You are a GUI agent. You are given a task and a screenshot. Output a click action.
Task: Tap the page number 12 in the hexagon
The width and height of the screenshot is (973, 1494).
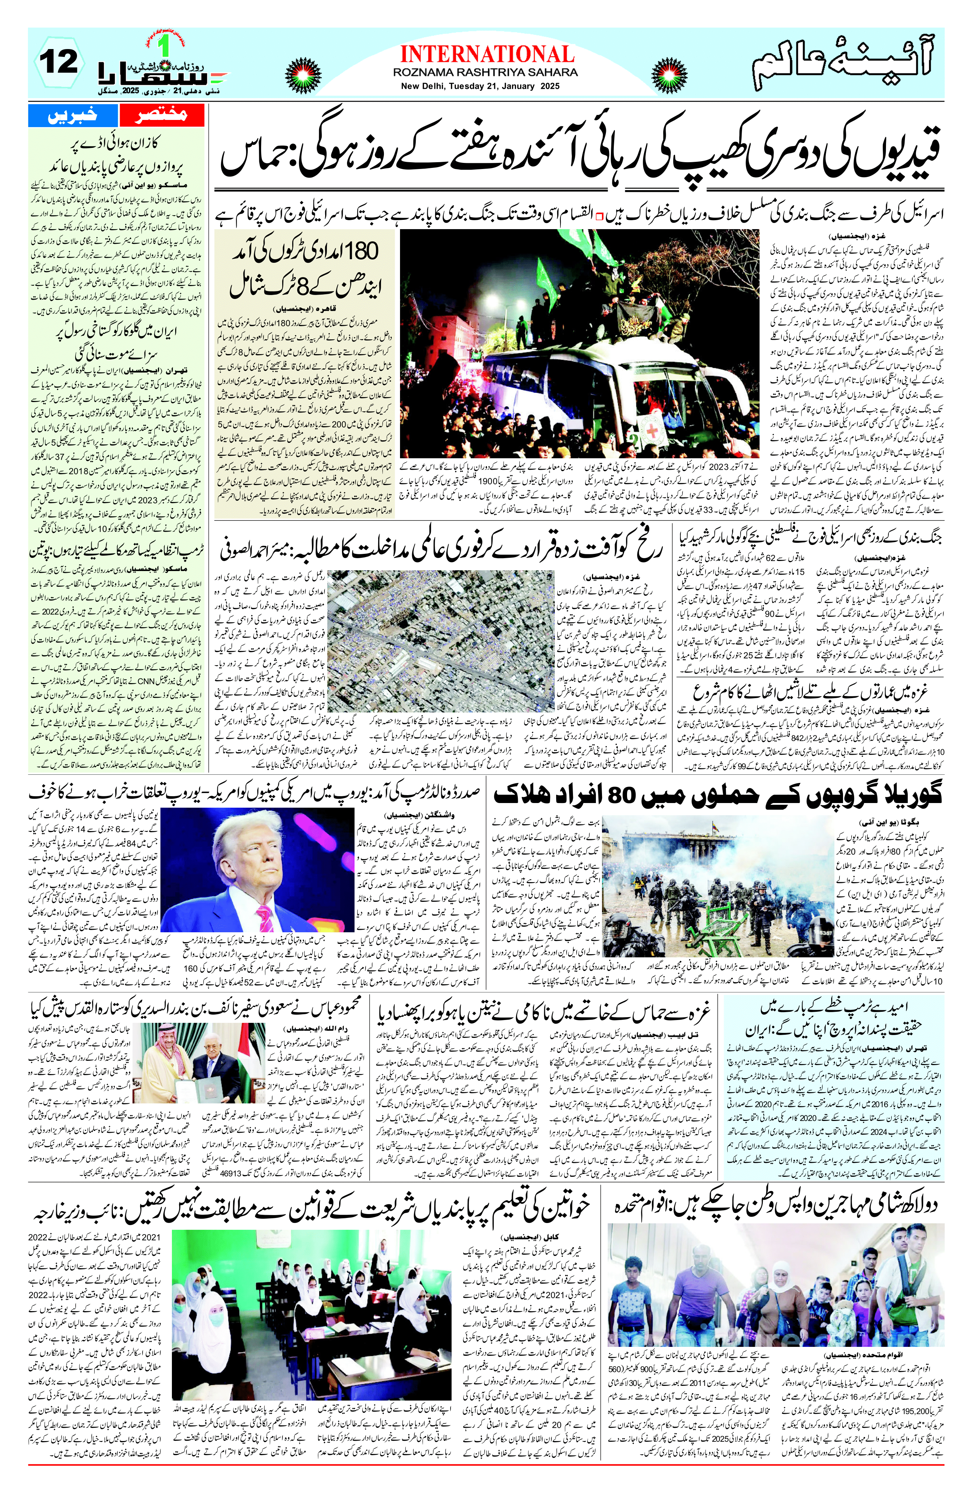[x=58, y=62]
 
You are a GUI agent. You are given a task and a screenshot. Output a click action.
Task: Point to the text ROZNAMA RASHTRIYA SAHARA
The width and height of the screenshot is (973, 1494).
[x=485, y=73]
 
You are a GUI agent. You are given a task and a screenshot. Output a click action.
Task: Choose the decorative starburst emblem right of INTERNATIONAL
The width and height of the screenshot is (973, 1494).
[x=670, y=67]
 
